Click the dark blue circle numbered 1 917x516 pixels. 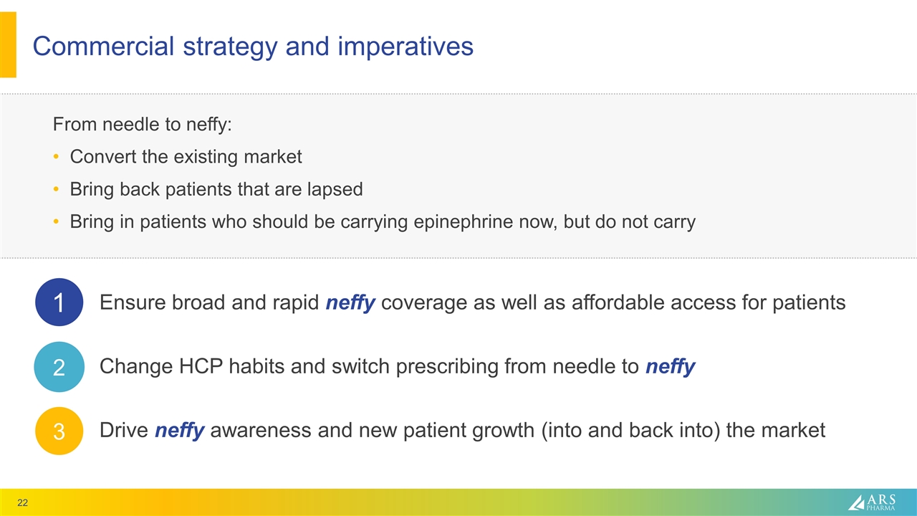click(x=59, y=302)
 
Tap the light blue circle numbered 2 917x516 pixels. click(x=59, y=367)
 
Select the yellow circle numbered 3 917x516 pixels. click(x=59, y=431)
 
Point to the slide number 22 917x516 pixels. click(x=23, y=502)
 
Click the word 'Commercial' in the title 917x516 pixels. click(x=102, y=47)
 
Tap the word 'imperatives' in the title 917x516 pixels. click(x=406, y=47)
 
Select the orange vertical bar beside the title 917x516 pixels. click(x=8, y=44)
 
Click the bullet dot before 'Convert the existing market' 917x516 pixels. click(x=57, y=157)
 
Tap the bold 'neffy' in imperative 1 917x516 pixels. click(x=350, y=303)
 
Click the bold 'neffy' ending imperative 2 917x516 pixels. click(x=670, y=367)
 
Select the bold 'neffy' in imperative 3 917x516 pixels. click(x=179, y=431)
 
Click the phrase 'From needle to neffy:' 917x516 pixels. click(x=143, y=124)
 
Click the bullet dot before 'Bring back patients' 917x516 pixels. click(x=57, y=190)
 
